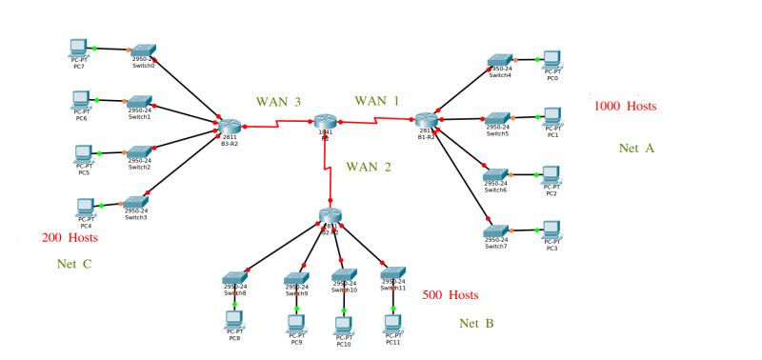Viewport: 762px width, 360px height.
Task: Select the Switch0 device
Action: [x=143, y=50]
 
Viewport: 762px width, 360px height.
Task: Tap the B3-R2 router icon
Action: [x=229, y=126]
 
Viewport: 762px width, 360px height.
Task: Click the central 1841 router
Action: [x=325, y=122]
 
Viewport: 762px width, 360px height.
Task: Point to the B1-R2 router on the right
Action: [x=425, y=120]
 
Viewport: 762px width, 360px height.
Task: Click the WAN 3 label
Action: [x=278, y=101]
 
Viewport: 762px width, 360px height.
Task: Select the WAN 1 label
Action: [x=377, y=100]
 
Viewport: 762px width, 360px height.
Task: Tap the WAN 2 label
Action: [x=368, y=167]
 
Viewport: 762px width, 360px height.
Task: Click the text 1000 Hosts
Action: [x=626, y=106]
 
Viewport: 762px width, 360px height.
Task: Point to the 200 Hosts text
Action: [x=70, y=237]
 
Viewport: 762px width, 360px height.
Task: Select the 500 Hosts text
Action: [x=450, y=295]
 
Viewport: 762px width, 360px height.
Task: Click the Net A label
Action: [x=636, y=149]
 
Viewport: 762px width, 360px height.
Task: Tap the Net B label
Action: [x=476, y=324]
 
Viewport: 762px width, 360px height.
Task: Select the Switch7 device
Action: [x=495, y=231]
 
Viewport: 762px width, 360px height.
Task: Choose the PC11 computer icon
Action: [x=391, y=323]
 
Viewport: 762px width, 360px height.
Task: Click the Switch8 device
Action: [x=235, y=278]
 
